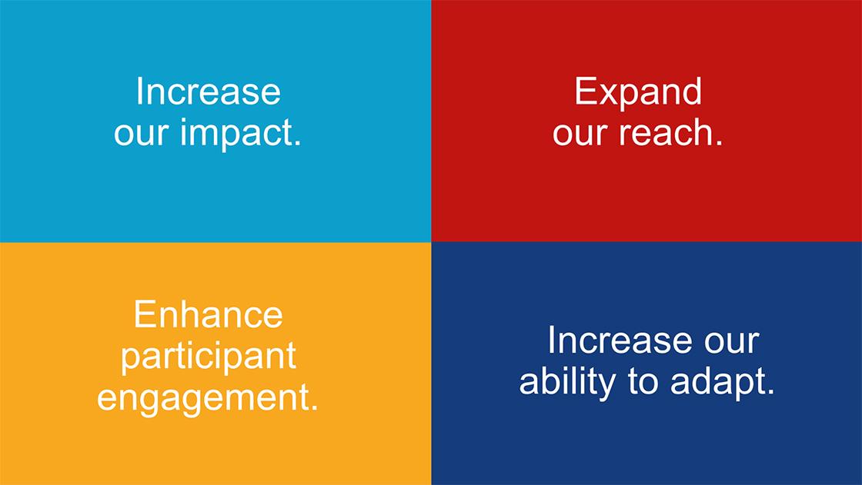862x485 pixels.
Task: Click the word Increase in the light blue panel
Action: pos(209,91)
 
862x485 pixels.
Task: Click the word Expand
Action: pos(638,92)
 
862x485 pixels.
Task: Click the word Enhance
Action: pos(209,314)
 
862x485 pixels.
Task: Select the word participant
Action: pos(209,357)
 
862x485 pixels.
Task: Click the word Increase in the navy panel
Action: pos(620,340)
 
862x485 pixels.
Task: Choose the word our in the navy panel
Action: pos(732,342)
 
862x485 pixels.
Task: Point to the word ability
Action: pos(567,383)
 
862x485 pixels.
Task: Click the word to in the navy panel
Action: pos(643,383)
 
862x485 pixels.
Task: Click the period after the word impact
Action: pos(299,144)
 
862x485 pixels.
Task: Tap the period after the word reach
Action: pos(720,144)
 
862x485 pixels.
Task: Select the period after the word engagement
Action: pos(315,409)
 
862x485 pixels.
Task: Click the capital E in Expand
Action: pos(585,91)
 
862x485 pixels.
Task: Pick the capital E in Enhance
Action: pos(145,314)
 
